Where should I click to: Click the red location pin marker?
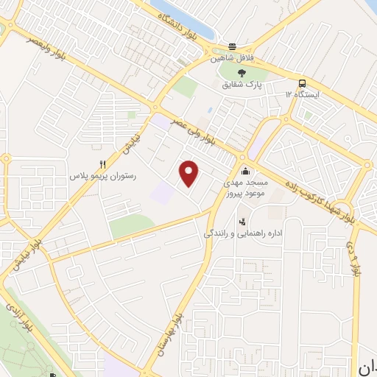click(x=190, y=173)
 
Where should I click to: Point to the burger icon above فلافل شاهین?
click(x=233, y=45)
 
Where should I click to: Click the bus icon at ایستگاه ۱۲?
click(x=303, y=82)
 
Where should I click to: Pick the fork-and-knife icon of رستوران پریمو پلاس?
click(x=103, y=164)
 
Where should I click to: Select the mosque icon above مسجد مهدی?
click(x=245, y=171)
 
